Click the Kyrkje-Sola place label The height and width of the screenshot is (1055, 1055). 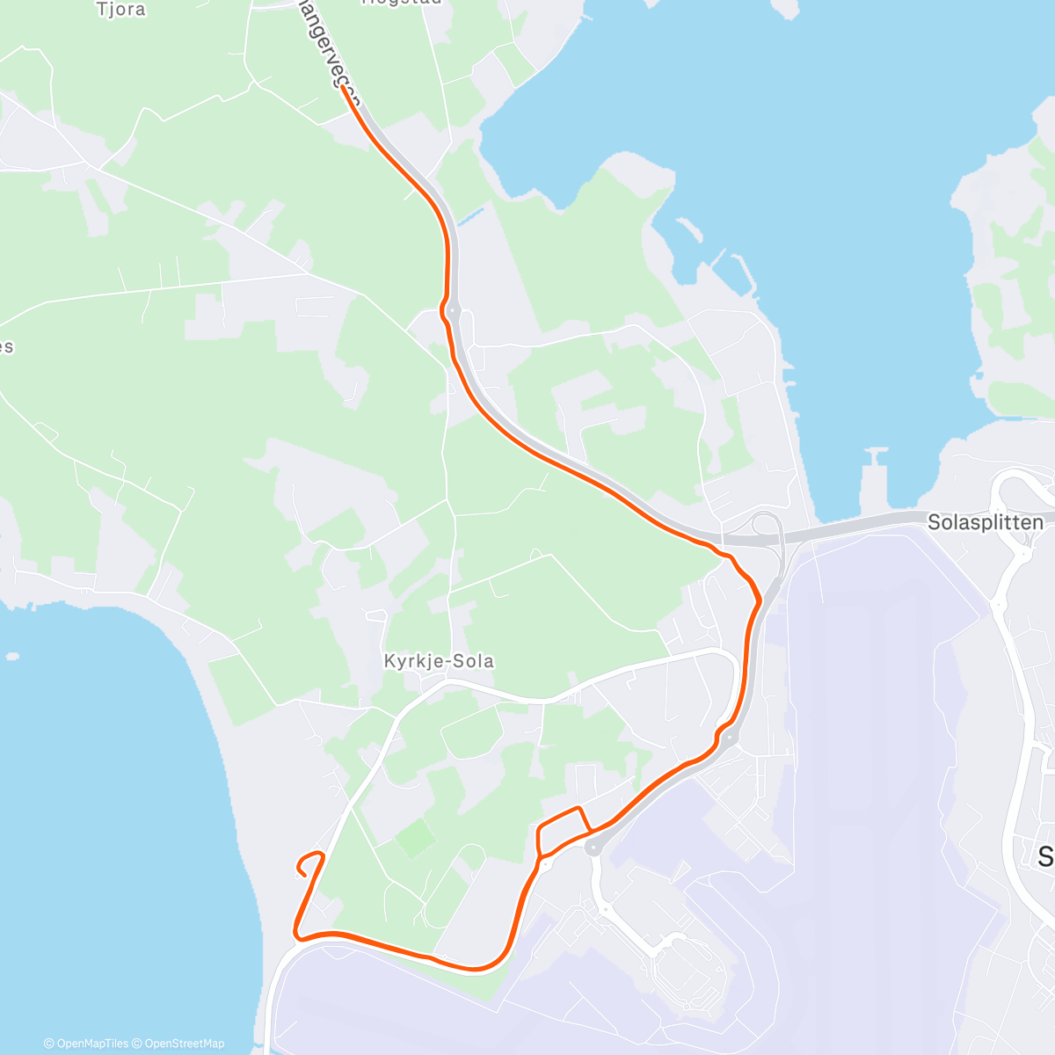point(439,661)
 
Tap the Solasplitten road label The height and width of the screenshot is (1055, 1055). point(986,522)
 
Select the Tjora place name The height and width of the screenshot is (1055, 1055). point(121,10)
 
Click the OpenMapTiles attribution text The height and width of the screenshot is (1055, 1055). point(86,1044)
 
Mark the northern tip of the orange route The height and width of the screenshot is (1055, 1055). point(343,87)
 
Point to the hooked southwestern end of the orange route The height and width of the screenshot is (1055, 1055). point(302,870)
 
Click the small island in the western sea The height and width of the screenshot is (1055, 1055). point(11,656)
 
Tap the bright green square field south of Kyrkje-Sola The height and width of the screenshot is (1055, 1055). point(414,838)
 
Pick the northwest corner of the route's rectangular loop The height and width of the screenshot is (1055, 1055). point(537,827)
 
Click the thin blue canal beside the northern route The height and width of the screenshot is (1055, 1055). point(470,215)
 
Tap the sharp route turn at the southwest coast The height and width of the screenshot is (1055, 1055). point(296,934)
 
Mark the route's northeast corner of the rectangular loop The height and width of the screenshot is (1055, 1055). point(578,807)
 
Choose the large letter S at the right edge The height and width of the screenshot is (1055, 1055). point(1045,855)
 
